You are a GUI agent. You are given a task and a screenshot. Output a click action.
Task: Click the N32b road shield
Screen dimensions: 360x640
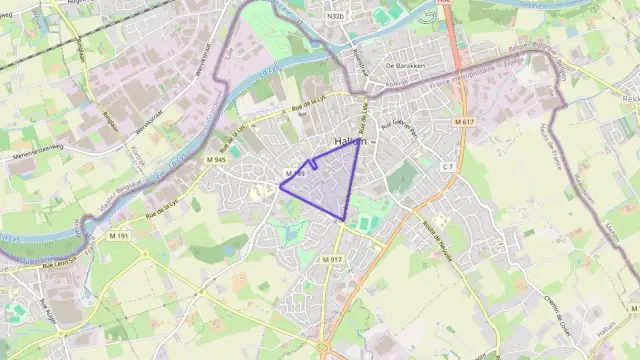[x=336, y=17]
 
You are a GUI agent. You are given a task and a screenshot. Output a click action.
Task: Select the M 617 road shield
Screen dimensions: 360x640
[x=463, y=121]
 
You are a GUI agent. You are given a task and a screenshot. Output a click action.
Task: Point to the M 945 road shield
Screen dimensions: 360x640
[x=215, y=160]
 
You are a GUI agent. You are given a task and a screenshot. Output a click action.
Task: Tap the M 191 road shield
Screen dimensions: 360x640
[x=118, y=236]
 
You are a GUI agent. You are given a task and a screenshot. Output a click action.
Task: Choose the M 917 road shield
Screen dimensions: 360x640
[x=333, y=260]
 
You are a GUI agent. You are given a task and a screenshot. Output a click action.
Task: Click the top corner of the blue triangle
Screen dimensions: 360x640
[x=360, y=140]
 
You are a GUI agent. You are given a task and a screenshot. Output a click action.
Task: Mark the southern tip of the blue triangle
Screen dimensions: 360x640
[x=344, y=221]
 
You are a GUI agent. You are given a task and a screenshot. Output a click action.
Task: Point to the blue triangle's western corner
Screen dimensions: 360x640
[x=279, y=186]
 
